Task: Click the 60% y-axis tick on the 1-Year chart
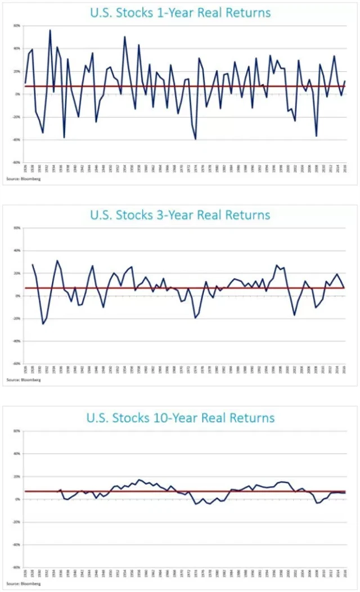pyautogui.click(x=17, y=26)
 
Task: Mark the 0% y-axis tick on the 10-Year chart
pyautogui.click(x=18, y=499)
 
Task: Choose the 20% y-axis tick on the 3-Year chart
pyautogui.click(x=17, y=273)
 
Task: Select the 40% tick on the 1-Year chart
pyautogui.click(x=17, y=48)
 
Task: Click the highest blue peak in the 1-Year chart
pyautogui.click(x=50, y=30)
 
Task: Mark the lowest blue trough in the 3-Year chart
pyautogui.click(x=43, y=324)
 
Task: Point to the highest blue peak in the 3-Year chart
pyautogui.click(x=57, y=261)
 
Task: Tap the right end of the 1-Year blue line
pyautogui.click(x=344, y=81)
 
